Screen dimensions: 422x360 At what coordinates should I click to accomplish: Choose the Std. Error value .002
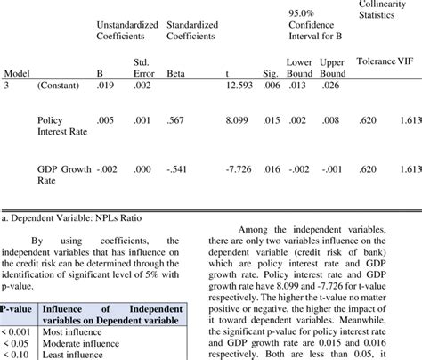point(142,86)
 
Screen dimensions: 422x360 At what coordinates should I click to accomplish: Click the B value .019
point(104,86)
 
